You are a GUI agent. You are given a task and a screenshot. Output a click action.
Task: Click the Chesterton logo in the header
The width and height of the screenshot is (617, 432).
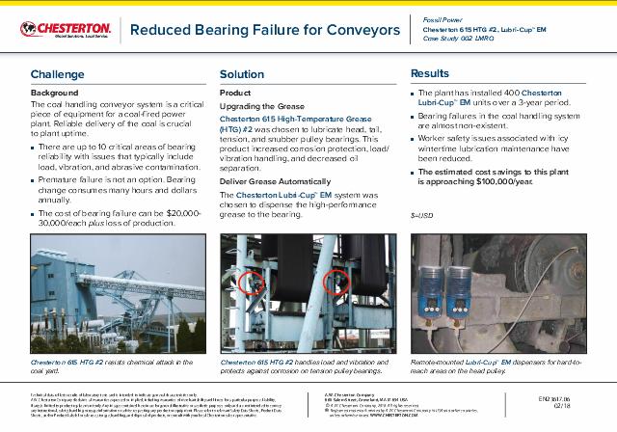pyautogui.click(x=60, y=29)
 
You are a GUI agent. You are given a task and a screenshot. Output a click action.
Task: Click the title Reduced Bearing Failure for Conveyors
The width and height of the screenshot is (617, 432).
pyautogui.click(x=265, y=30)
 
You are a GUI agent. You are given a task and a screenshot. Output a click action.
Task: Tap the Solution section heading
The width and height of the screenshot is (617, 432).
pyautogui.click(x=241, y=74)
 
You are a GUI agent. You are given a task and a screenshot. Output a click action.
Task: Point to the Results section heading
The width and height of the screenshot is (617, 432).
pyautogui.click(x=430, y=73)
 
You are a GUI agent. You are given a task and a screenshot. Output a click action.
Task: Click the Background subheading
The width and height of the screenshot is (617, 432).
pyautogui.click(x=55, y=93)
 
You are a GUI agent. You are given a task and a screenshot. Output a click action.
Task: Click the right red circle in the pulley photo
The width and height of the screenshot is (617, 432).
pyautogui.click(x=336, y=283)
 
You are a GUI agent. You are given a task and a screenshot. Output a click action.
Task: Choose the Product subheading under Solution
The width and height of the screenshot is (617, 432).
pyautogui.click(x=236, y=92)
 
